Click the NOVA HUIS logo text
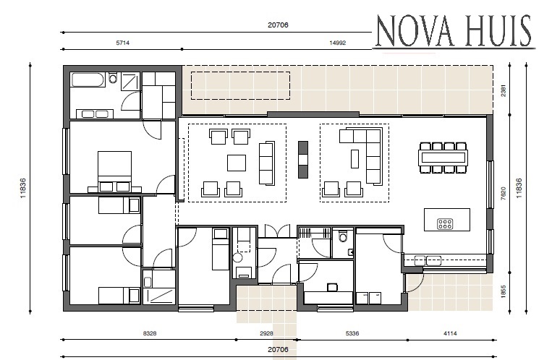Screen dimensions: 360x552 [x=454, y=31]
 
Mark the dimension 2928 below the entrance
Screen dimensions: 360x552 [x=266, y=335]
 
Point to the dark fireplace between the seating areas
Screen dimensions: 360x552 [x=302, y=157]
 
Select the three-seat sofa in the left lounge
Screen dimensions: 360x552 [x=266, y=162]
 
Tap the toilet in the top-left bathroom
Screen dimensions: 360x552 [x=113, y=78]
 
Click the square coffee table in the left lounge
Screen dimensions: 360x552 [x=237, y=162]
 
